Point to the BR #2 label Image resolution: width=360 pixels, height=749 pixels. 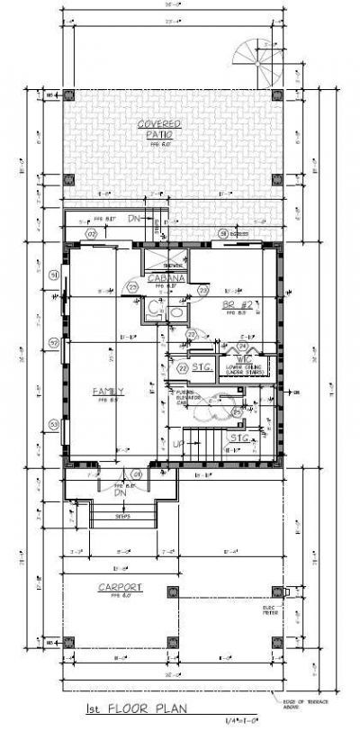tap(236, 305)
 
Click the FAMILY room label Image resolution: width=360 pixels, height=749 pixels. tap(108, 392)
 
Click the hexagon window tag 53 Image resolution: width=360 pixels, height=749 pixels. tap(54, 424)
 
